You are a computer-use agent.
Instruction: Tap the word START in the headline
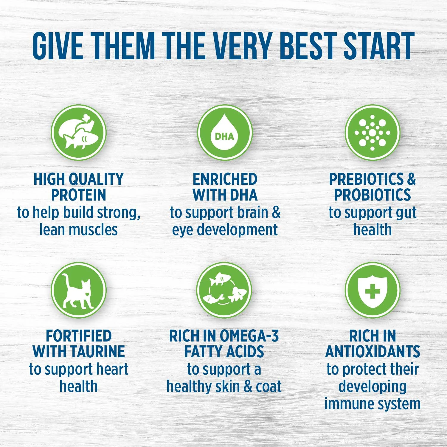[379, 46]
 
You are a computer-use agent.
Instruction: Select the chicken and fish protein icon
[79, 132]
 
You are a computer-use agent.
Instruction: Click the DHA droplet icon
[225, 132]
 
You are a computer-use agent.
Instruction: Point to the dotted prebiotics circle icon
[372, 132]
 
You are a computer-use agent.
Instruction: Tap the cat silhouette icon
[79, 290]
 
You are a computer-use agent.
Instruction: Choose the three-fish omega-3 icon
[224, 290]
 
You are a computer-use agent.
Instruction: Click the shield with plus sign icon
[372, 290]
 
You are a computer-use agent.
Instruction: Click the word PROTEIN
[79, 195]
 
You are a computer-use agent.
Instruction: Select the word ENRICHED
[225, 179]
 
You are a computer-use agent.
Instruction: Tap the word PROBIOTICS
[372, 195]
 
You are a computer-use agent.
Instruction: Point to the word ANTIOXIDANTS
[372, 352]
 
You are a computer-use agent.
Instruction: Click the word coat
[268, 387]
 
